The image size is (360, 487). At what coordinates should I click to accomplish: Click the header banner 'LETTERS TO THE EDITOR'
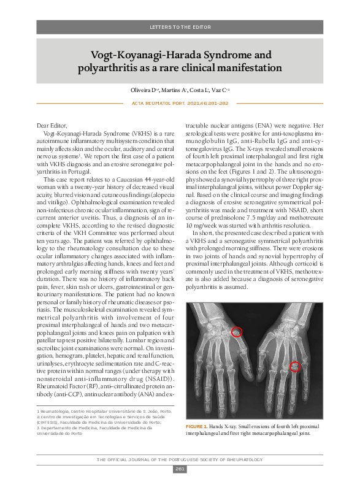coord(180,28)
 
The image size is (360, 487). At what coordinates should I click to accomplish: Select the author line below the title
coord(180,90)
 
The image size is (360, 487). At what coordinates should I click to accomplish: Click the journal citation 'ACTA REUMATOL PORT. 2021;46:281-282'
coord(180,104)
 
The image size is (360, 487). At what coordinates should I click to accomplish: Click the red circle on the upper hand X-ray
coord(237,332)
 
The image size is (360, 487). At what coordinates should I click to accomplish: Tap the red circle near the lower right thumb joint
coord(295,367)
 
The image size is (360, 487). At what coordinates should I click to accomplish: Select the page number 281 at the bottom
coord(180,469)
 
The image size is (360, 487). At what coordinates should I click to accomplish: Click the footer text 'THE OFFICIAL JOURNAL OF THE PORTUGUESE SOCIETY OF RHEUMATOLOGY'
coord(180,459)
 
